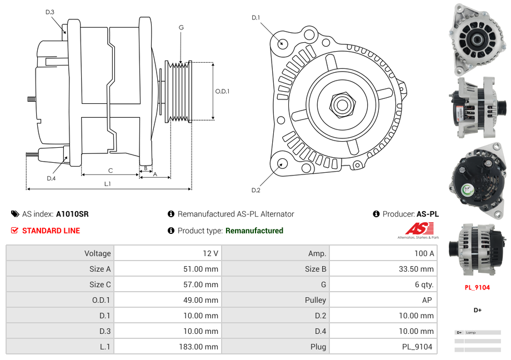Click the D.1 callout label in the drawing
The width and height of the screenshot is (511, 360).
255,18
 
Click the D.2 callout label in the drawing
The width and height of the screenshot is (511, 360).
255,191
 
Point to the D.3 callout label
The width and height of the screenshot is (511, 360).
50,12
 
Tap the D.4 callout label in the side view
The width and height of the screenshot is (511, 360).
51,178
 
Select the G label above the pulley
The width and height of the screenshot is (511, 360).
181,27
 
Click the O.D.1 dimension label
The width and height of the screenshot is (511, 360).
222,91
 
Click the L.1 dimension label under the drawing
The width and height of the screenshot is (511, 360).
108,184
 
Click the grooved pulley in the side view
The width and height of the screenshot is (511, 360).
179,91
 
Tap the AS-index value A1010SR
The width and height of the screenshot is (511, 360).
72,214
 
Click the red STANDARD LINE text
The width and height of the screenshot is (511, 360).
51,231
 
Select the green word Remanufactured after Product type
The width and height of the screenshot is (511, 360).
254,231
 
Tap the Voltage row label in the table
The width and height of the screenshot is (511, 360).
97,253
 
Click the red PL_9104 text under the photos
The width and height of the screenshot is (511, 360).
477,287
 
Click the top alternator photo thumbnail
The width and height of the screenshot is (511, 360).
478,39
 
